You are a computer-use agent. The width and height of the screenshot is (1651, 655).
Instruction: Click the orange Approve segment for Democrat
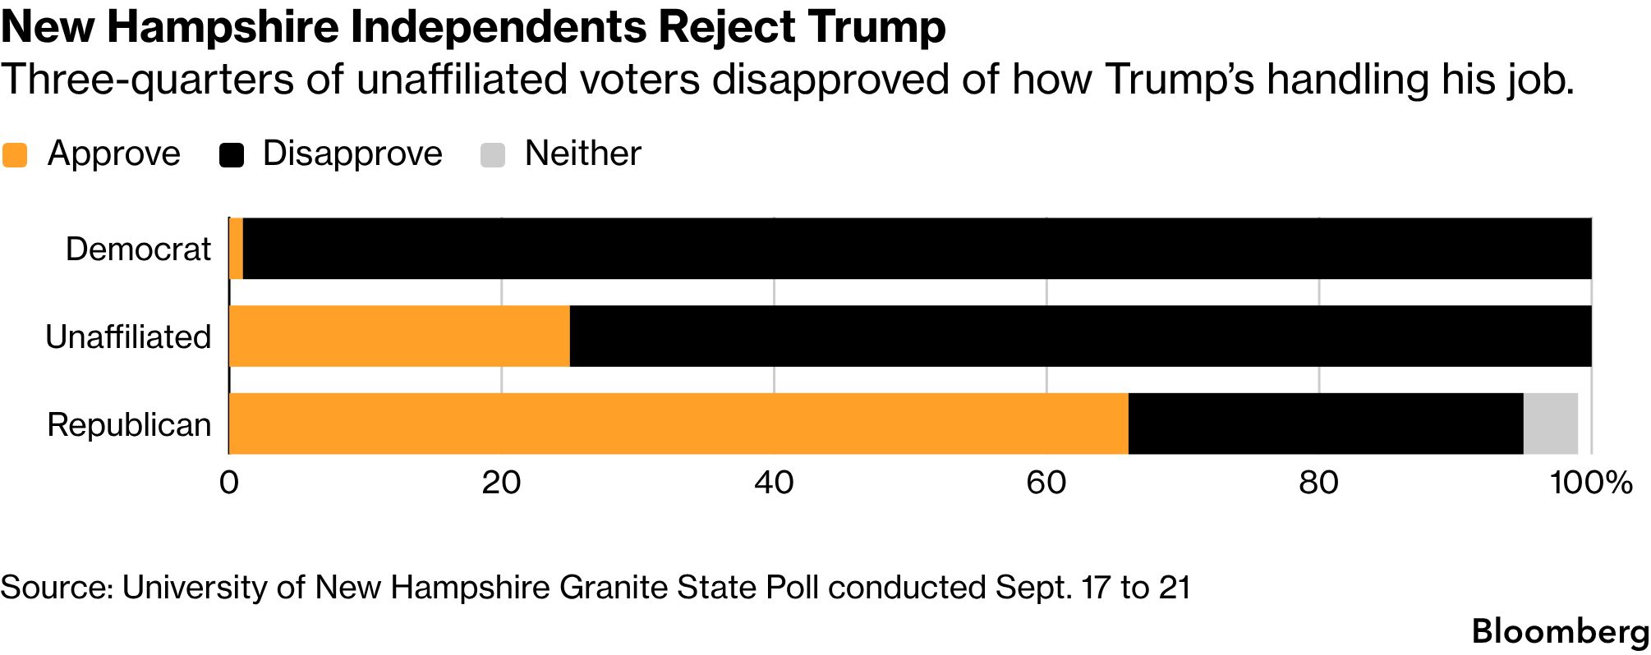236,249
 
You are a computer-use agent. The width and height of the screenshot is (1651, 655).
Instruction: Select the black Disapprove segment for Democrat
917,249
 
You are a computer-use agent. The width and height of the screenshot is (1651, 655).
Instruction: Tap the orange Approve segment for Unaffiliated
399,337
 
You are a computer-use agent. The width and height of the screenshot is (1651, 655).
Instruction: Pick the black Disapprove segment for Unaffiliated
1081,337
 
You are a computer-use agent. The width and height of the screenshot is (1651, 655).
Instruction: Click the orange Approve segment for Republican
678,424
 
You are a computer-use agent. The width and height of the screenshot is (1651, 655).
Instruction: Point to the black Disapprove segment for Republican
1326,424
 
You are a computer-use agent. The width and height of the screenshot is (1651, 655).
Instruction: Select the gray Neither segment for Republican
1551,424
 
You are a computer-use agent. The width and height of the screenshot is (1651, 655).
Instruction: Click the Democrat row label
138,249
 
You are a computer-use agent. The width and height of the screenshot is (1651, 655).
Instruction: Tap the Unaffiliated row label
128,337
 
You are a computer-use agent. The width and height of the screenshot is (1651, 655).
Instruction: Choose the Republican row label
129,425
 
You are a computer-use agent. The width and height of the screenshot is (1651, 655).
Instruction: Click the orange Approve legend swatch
15,154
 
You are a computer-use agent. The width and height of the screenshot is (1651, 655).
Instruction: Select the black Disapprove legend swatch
232,154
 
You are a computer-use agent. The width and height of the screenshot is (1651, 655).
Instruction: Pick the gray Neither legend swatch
493,154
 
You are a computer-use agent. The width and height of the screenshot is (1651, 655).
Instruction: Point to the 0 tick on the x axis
229,483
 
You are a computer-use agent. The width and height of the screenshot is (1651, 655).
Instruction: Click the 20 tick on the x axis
501,483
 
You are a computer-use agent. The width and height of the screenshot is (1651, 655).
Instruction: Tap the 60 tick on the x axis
1046,483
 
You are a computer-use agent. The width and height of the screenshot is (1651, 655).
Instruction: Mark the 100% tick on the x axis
1591,483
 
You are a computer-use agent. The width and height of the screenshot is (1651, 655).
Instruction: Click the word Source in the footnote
57,588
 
